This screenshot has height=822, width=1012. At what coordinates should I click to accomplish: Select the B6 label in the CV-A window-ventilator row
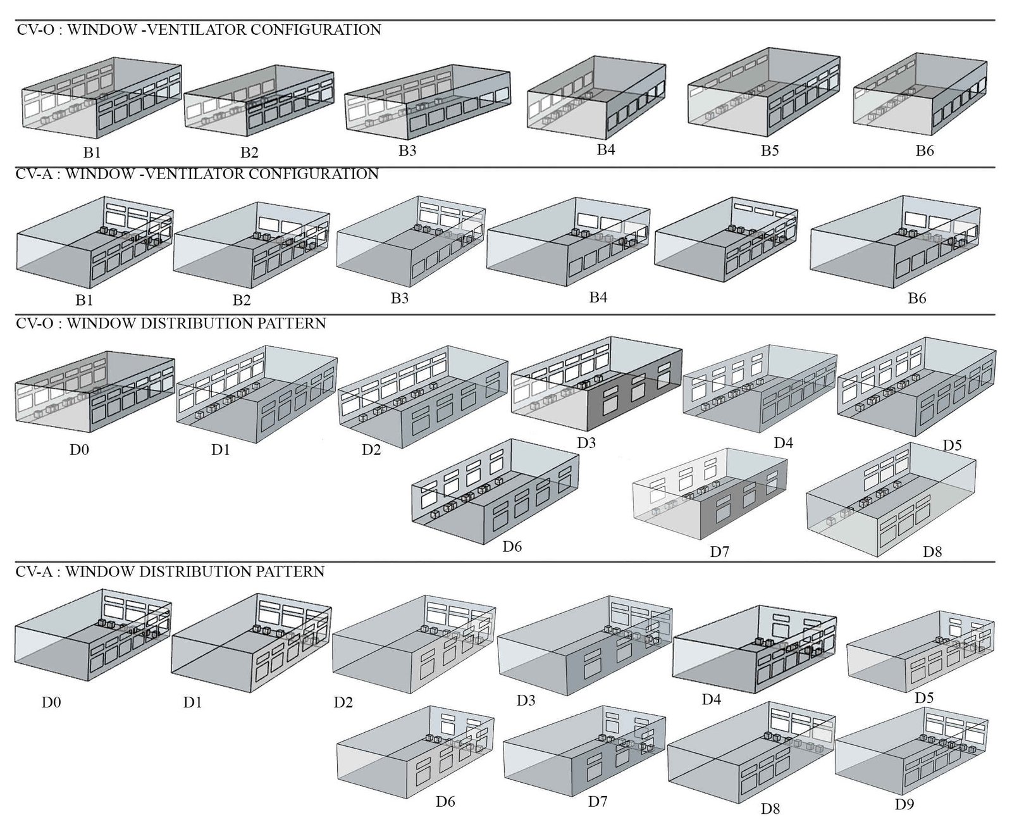click(x=916, y=298)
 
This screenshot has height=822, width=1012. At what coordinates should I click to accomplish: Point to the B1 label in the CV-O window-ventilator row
click(x=92, y=153)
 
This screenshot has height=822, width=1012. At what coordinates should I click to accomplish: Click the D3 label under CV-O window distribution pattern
click(x=586, y=443)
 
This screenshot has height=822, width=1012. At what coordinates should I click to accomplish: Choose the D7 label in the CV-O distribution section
click(x=719, y=552)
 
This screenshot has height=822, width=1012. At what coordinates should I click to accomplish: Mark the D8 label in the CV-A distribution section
click(x=770, y=808)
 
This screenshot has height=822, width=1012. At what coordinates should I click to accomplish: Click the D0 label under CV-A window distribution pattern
click(x=51, y=702)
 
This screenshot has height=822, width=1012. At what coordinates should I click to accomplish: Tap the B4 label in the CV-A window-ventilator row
click(x=598, y=297)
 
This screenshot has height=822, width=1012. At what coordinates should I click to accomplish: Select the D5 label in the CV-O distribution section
click(x=952, y=445)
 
